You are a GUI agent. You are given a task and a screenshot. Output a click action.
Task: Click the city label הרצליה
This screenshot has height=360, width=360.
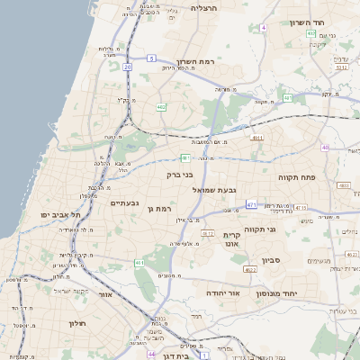point(206,7)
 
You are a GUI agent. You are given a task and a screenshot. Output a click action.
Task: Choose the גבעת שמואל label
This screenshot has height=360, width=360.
point(215,190)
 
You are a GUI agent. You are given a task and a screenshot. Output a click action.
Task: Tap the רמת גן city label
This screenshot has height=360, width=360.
point(155,209)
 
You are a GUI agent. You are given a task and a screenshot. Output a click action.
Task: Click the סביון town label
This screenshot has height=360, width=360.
point(271,260)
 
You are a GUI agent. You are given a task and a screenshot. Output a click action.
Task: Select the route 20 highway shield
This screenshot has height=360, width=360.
point(128,67)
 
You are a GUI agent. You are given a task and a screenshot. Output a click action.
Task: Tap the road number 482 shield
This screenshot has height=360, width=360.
point(135,107)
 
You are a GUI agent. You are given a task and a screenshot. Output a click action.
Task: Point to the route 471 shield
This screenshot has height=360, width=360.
point(251,204)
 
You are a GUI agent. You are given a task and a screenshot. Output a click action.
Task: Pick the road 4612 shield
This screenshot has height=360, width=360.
point(208,233)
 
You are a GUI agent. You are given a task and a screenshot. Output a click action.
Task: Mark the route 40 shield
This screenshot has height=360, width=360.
point(325,148)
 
